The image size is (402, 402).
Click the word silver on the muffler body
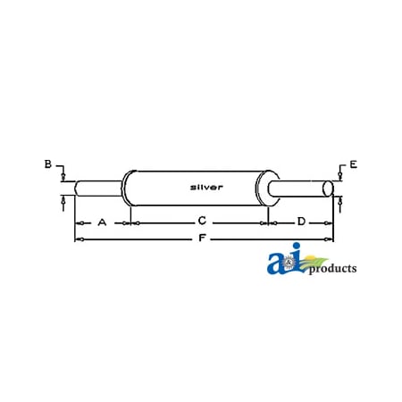pyautogui.click(x=206, y=187)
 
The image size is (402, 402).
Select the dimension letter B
pyautogui.click(x=48, y=163)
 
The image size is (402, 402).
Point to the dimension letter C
pyautogui.click(x=202, y=221)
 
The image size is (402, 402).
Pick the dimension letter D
pyautogui.click(x=301, y=221)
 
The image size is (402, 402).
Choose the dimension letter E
pyautogui.click(x=353, y=164)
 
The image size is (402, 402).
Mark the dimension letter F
pyautogui.click(x=202, y=239)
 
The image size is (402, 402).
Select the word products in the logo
pyautogui.click(x=331, y=268)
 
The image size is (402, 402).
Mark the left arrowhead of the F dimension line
pyautogui.click(x=78, y=239)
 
